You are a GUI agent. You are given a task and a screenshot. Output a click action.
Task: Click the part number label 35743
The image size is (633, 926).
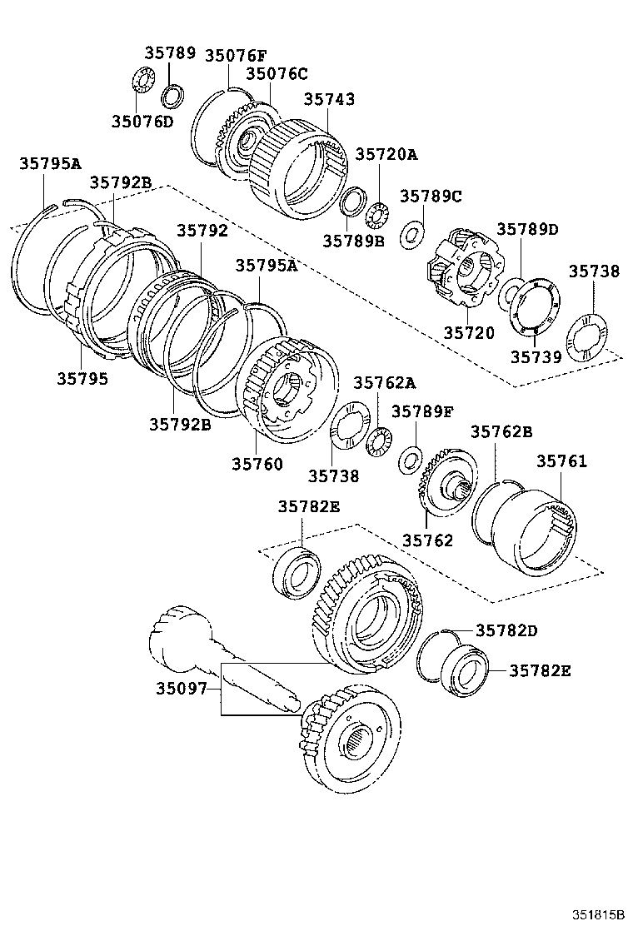coord(329,99)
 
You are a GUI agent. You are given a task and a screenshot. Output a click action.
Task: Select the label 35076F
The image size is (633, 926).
coord(236,57)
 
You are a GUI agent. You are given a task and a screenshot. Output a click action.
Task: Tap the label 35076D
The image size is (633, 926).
coord(142,122)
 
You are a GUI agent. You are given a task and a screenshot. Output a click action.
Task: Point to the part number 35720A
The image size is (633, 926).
coord(386,154)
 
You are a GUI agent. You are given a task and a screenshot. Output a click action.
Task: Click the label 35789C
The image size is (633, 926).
coord(430,197)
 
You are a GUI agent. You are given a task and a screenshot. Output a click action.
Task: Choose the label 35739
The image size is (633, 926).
coord(536,356)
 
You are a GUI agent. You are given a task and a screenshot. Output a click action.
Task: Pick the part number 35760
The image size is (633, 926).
coord(257,464)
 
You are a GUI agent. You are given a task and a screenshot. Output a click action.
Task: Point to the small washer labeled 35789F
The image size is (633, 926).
coord(410,457)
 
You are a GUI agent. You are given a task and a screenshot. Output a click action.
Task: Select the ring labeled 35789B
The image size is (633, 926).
coord(354,201)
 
